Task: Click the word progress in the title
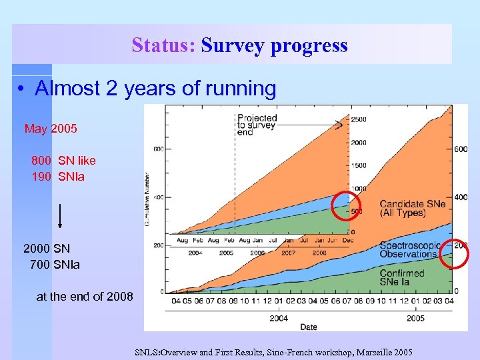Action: click(x=313, y=45)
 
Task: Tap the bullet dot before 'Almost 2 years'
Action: click(x=23, y=89)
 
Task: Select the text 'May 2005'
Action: click(x=51, y=129)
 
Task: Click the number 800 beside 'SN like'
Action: click(x=41, y=161)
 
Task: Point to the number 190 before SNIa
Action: click(x=41, y=177)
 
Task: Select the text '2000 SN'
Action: click(x=47, y=249)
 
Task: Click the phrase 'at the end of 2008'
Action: click(x=84, y=297)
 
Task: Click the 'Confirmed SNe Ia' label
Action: click(x=402, y=278)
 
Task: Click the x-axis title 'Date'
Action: click(x=308, y=327)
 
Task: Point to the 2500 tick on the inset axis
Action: click(x=359, y=119)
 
